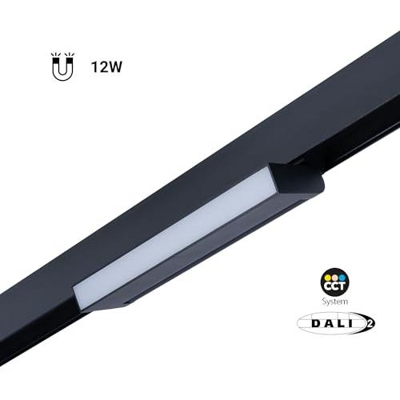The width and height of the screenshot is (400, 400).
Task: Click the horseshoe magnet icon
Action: click(x=62, y=66)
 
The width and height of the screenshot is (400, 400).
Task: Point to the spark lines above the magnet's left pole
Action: click(x=55, y=55)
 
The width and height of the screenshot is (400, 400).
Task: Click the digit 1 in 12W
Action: click(x=94, y=66)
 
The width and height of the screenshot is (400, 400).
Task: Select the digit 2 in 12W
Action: click(x=103, y=66)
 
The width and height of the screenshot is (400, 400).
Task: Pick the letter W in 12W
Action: click(x=115, y=66)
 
